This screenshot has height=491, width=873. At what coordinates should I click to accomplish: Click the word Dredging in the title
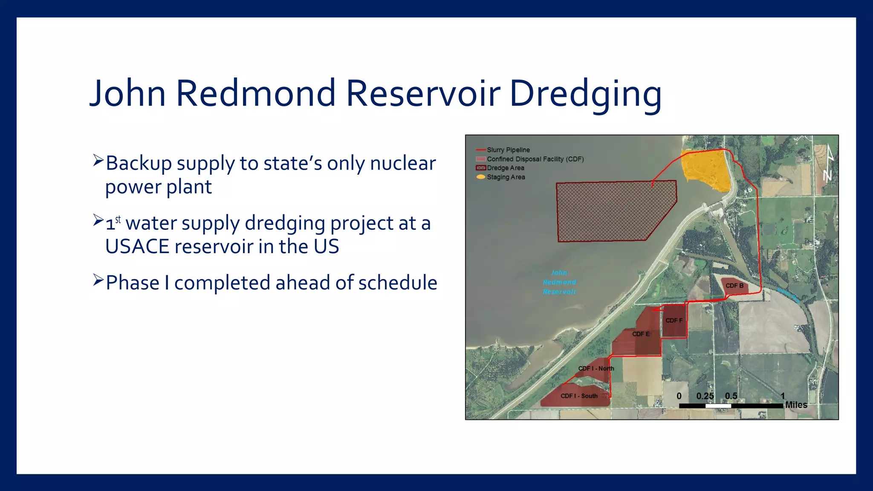point(585,94)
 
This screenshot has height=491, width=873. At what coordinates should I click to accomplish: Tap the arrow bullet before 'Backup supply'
point(98,161)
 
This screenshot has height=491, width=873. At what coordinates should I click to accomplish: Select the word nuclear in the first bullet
point(403,163)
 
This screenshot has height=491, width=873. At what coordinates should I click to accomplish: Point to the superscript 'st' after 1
point(118,220)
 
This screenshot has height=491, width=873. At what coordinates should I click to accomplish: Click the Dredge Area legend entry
point(505,168)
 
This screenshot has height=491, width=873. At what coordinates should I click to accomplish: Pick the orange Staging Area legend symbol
point(481,177)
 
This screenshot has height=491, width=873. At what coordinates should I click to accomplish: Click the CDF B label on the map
point(734,286)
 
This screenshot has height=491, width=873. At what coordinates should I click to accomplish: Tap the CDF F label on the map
point(674,321)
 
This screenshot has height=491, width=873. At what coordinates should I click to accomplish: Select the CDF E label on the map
point(641,334)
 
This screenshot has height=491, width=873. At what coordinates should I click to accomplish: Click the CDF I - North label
point(596,368)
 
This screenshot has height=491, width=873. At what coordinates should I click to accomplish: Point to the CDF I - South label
point(579,396)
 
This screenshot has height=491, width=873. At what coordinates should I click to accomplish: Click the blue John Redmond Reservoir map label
point(559,282)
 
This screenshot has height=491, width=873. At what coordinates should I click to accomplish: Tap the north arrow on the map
point(828,164)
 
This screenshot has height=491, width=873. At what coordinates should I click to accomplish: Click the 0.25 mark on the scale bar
point(705,396)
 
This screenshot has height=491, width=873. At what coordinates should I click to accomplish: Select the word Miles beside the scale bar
point(796,405)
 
